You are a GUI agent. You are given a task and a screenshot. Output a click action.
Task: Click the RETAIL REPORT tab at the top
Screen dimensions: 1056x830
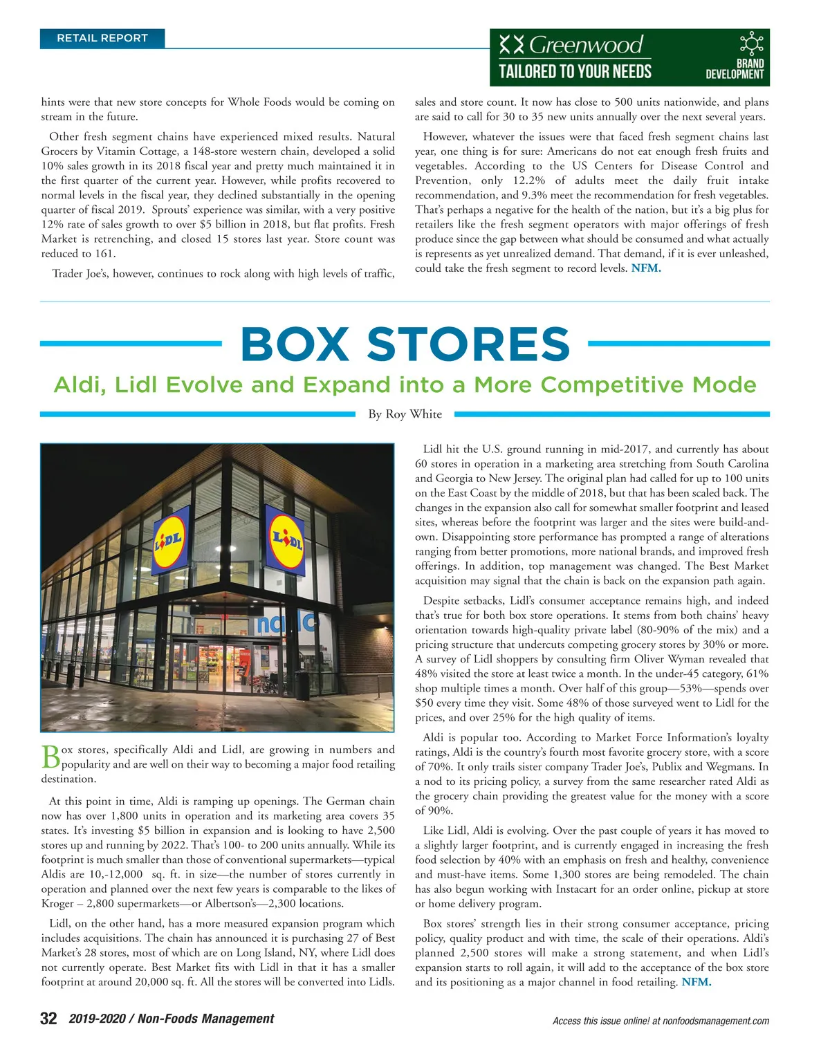(102, 39)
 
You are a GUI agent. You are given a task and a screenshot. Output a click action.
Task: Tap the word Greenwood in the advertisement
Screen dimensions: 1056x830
(586, 46)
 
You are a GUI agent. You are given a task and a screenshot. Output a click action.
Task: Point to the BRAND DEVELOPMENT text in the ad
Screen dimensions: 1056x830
(735, 68)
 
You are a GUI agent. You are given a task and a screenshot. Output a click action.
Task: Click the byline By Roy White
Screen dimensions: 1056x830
(405, 414)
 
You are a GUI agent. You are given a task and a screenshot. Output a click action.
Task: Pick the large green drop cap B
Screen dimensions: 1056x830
(50, 757)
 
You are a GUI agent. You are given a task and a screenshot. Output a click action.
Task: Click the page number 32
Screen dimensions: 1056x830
(48, 1019)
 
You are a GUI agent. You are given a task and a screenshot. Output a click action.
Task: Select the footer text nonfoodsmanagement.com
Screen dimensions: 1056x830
(716, 1021)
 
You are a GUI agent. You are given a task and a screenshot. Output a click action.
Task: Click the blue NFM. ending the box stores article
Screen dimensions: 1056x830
(696, 982)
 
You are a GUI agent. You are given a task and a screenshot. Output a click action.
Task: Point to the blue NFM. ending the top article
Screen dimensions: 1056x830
(646, 268)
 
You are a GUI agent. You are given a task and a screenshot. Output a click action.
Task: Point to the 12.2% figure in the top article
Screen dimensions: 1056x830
(529, 180)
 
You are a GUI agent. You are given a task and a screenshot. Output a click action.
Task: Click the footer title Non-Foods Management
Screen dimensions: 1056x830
(205, 1019)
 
